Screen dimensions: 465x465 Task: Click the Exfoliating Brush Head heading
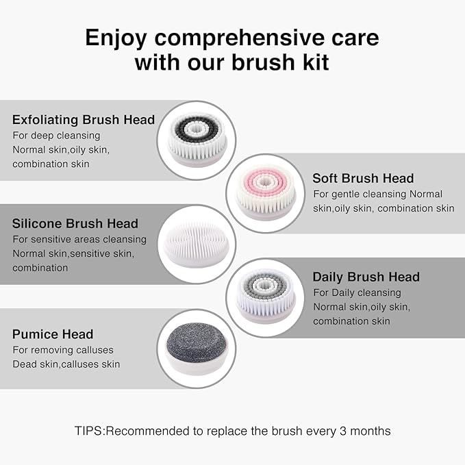[x=84, y=120]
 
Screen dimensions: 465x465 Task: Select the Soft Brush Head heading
[x=363, y=178]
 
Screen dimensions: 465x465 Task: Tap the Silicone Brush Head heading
[x=75, y=223]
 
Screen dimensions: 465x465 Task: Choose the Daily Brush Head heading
[x=366, y=277]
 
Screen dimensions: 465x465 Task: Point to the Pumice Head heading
[x=53, y=334]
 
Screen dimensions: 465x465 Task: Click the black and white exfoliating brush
[x=197, y=138]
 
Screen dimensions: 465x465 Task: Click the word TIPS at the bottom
[x=90, y=431]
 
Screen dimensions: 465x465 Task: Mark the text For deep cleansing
[x=56, y=136]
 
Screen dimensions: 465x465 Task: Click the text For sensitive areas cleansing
[x=79, y=239]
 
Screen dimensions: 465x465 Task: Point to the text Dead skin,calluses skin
[x=66, y=364]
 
